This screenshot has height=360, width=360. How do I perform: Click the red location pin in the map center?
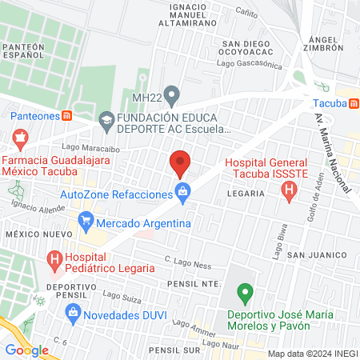[x=180, y=162]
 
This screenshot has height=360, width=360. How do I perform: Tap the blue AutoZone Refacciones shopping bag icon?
[x=183, y=191]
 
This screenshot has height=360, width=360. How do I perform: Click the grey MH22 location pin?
[x=170, y=94]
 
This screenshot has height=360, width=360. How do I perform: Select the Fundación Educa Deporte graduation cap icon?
[x=106, y=121]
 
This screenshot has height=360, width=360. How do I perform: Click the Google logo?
[x=26, y=350]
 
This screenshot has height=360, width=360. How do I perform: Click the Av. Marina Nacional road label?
[x=331, y=151]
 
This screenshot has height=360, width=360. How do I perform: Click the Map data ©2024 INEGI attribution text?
[x=312, y=353]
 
